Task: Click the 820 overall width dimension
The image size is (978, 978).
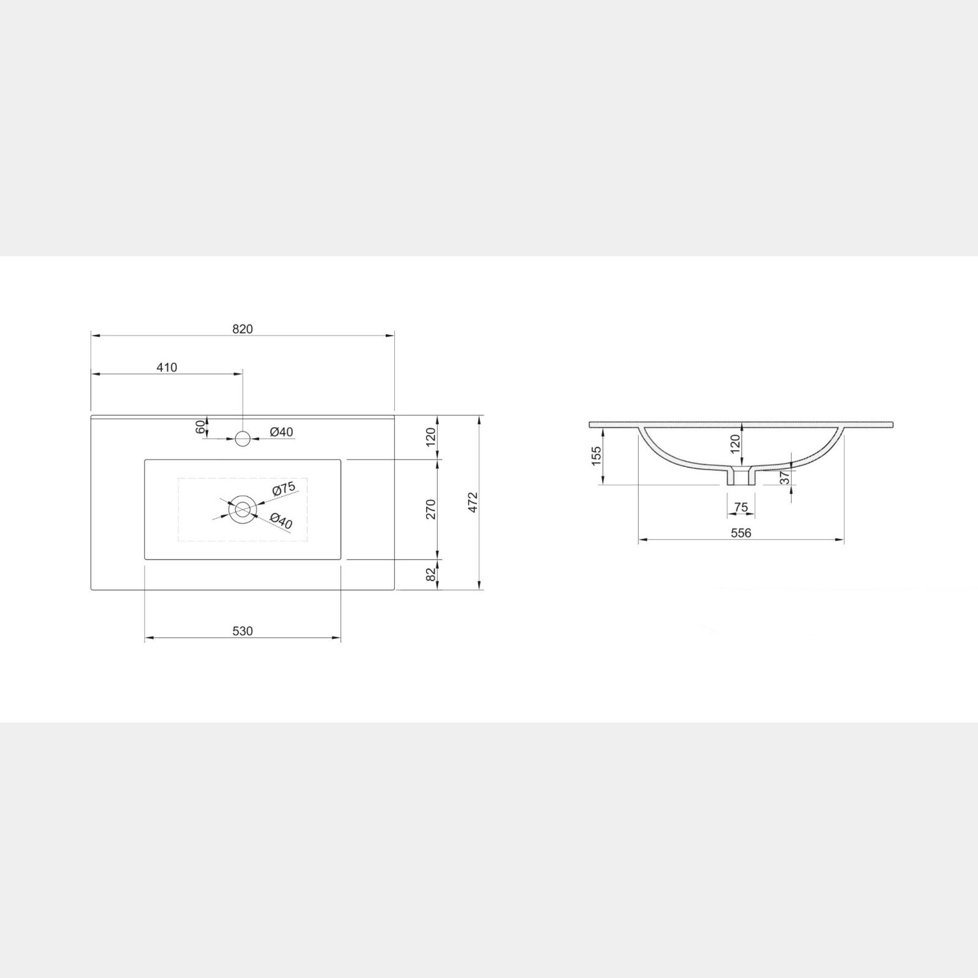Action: (242, 329)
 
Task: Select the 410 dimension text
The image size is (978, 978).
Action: (166, 367)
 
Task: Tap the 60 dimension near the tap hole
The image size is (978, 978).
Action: (200, 427)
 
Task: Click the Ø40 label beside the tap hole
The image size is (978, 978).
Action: (281, 432)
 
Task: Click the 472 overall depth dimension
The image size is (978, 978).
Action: (471, 502)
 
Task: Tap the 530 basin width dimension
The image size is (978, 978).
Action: (242, 631)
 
